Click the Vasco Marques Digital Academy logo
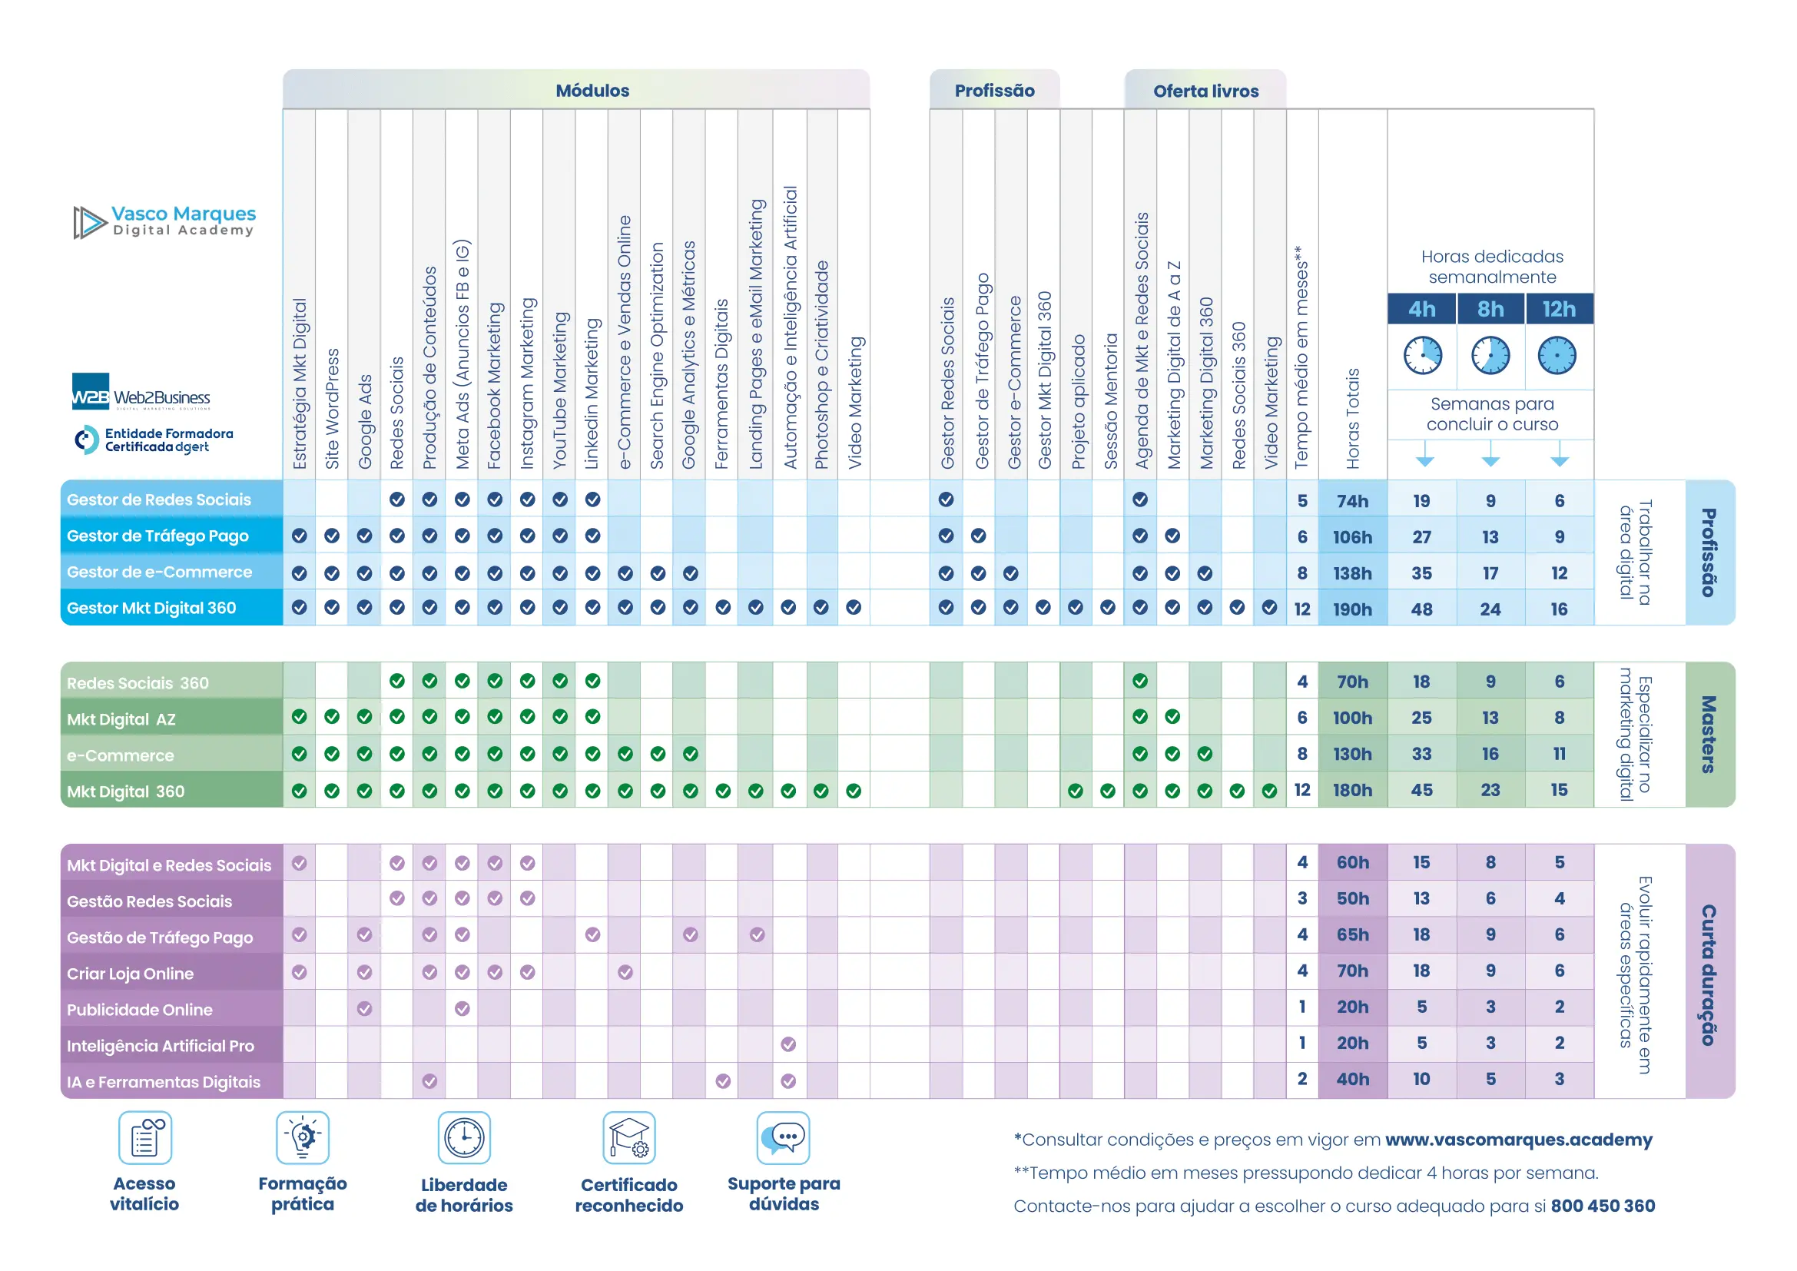tap(165, 221)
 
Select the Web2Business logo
tap(141, 392)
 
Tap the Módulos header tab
tap(592, 91)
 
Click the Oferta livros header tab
tap(1205, 91)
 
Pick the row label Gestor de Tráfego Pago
tap(157, 536)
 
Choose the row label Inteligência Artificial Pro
tap(161, 1046)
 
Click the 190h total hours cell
tap(1352, 609)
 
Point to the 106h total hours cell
tap(1352, 537)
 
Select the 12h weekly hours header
tap(1559, 309)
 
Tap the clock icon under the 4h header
tap(1422, 355)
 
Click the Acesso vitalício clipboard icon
tap(144, 1138)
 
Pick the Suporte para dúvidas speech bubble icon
tap(784, 1138)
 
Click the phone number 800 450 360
tap(1602, 1206)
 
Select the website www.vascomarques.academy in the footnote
tap(1518, 1140)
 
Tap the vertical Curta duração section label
tap(1709, 974)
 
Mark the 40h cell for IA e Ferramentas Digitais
tap(1352, 1079)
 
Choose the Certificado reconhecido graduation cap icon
tap(628, 1138)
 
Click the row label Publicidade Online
tap(139, 1010)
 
